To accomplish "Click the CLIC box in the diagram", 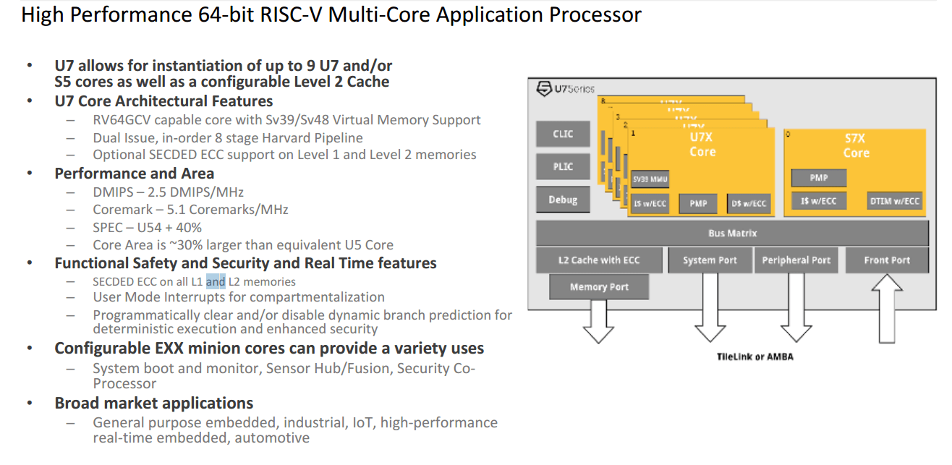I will pyautogui.click(x=563, y=134).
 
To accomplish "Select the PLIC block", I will pyautogui.click(x=563, y=166).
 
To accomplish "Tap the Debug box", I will pyautogui.click(x=563, y=200).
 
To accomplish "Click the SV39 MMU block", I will pyautogui.click(x=650, y=179).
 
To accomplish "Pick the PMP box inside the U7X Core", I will pyautogui.click(x=698, y=204).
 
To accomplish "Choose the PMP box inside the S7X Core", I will pyautogui.click(x=818, y=177).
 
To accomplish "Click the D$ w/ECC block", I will pyautogui.click(x=747, y=204).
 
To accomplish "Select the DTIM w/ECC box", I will pyautogui.click(x=895, y=201).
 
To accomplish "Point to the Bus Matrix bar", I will pyautogui.click(x=732, y=234).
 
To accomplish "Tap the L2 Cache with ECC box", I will pyautogui.click(x=599, y=260).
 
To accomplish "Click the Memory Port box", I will pyautogui.click(x=599, y=287).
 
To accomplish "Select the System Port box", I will pyautogui.click(x=710, y=260).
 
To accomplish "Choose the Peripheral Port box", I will pyautogui.click(x=796, y=260).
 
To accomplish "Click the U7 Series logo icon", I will pyautogui.click(x=544, y=89).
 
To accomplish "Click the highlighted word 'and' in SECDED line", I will pyautogui.click(x=216, y=281).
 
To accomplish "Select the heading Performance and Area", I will pyautogui.click(x=135, y=174).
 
